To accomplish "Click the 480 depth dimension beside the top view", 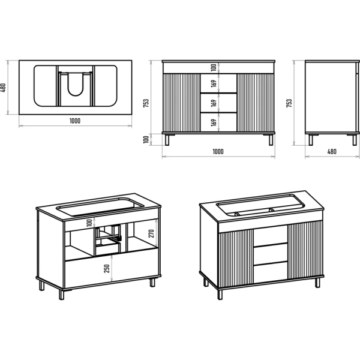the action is coord(3,88).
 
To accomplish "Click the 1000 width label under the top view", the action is coord(75,121).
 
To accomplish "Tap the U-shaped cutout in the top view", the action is coord(76,84).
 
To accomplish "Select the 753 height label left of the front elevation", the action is coord(146,104).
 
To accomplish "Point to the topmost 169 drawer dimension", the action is coord(214,83).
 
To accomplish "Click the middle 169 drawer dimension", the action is coord(214,103).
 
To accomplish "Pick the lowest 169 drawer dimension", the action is coord(214,122).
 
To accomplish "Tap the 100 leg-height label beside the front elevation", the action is coord(146,140).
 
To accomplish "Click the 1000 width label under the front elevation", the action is coord(218,152).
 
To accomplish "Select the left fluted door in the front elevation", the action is coord(181,103).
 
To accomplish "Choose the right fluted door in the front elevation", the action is coord(256,103).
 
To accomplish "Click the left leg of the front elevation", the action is coord(167,140).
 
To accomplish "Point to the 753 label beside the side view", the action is coord(289,103).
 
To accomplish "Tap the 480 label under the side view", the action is coord(332,152).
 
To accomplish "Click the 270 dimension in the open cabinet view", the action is coord(151,233).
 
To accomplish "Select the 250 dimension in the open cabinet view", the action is coord(107,269).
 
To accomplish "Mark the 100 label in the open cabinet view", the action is coord(89,223).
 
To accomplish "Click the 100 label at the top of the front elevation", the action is coord(214,67).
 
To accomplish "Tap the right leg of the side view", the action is coord(355,140).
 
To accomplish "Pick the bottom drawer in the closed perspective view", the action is coord(271,272).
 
